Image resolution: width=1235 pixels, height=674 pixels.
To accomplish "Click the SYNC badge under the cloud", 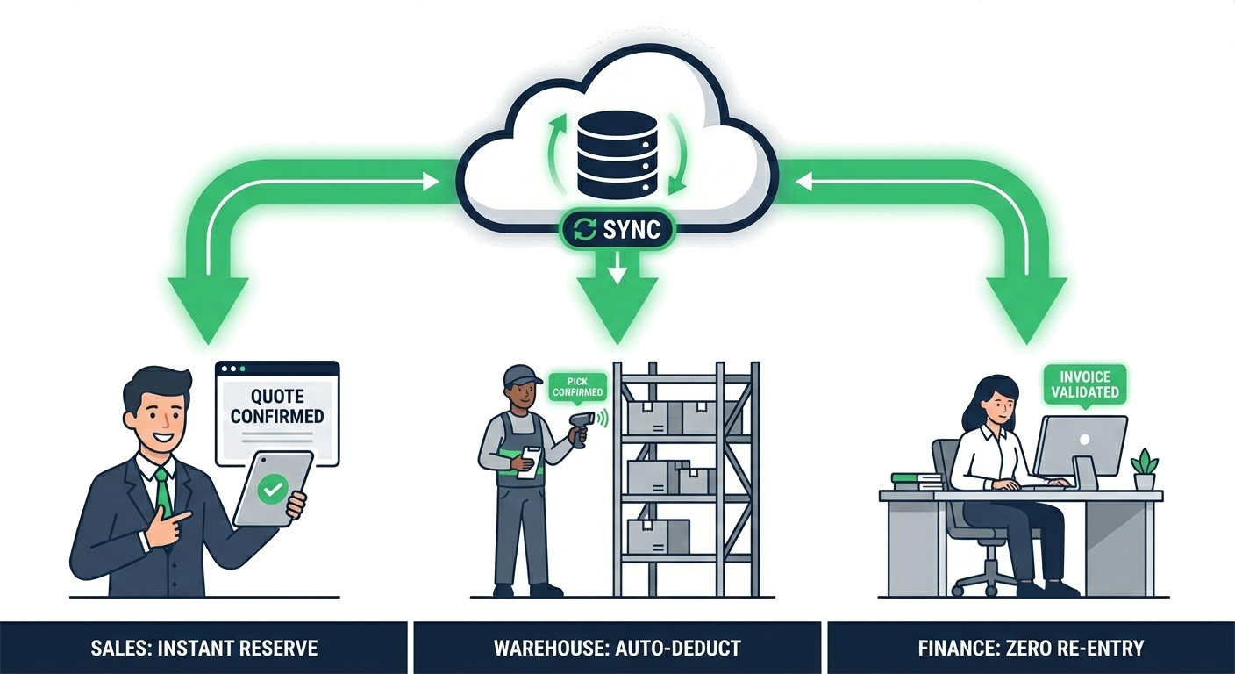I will click(x=617, y=230).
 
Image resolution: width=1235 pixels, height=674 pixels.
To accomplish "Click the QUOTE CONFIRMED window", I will click(x=277, y=412).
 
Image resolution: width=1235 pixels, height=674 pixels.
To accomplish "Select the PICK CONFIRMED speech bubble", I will click(x=577, y=387).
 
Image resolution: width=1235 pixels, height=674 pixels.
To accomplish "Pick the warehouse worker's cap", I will click(x=523, y=375).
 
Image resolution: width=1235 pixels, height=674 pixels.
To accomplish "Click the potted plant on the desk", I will click(x=1144, y=470).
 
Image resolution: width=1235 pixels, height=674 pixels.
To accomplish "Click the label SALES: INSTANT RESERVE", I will click(x=203, y=649).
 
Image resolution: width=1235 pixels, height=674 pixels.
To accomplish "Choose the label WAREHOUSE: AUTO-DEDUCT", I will click(x=617, y=649).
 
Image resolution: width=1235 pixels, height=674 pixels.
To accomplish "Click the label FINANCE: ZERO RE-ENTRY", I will click(x=1031, y=649).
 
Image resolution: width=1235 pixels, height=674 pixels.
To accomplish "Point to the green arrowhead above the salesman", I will click(x=208, y=307).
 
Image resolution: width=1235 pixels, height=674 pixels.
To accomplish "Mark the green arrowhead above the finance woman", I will click(x=1025, y=307).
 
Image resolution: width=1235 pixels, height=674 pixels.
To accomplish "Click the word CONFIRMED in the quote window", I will click(x=277, y=416).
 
